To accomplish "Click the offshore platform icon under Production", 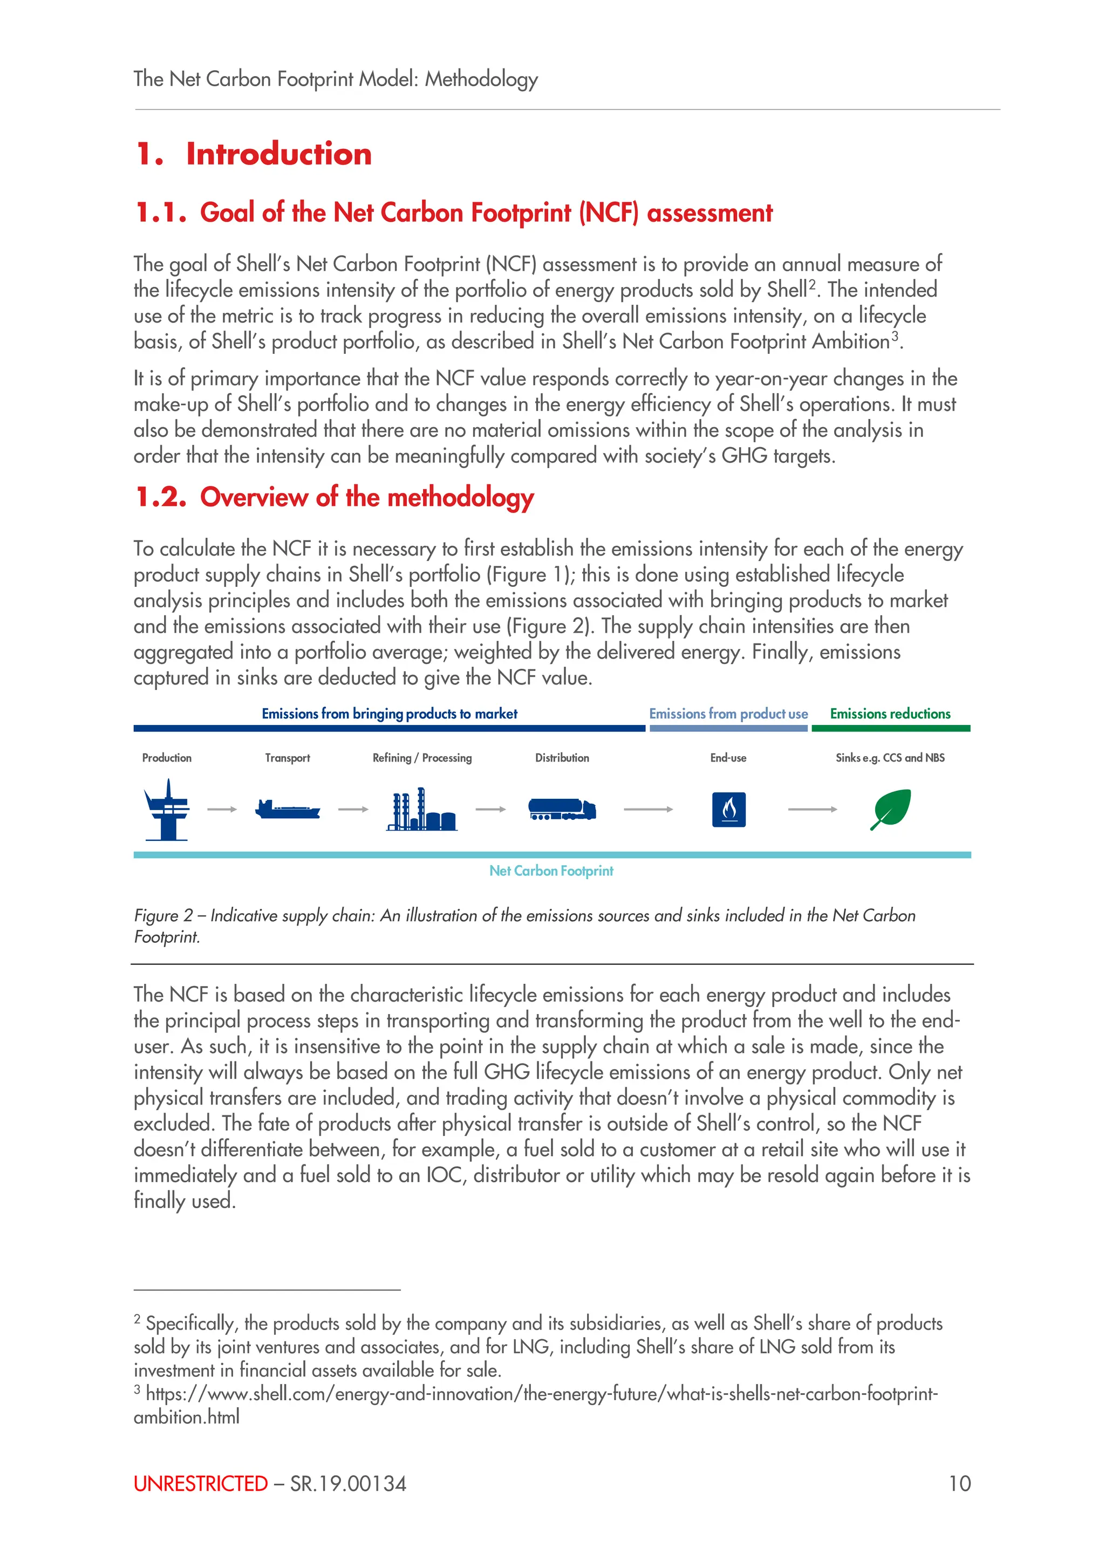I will (167, 810).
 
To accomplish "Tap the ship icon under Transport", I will (287, 810).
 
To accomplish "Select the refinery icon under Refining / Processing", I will (421, 810).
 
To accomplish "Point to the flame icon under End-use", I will (729, 810).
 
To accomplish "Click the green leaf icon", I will (891, 809).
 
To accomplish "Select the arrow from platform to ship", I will (222, 810).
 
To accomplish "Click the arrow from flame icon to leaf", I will (813, 810).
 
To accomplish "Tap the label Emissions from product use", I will (728, 714).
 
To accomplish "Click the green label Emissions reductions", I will (890, 714).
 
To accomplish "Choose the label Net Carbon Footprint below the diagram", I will (551, 871).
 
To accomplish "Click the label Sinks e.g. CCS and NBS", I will (890, 758).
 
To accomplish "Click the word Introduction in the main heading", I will (279, 154).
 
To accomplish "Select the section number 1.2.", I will (161, 497).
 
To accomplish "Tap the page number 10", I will (959, 1484).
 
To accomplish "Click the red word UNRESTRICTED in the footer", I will (201, 1484).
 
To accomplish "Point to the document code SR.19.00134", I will (349, 1484).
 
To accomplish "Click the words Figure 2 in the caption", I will (163, 916).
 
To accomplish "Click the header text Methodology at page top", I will (481, 80).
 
